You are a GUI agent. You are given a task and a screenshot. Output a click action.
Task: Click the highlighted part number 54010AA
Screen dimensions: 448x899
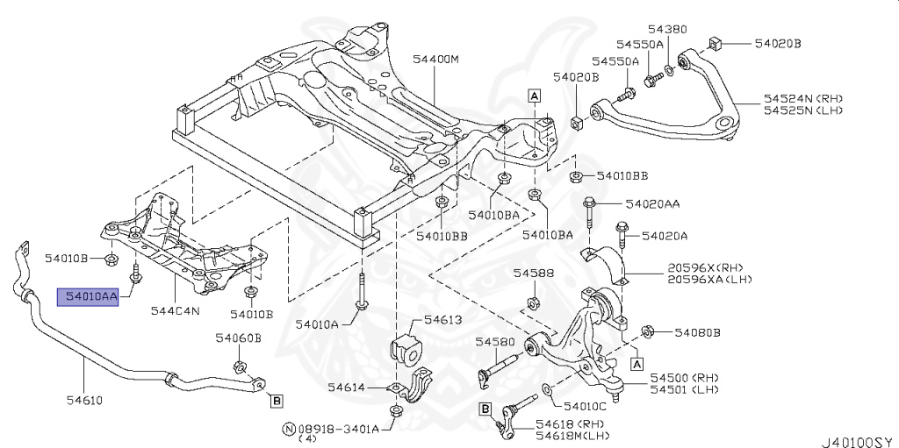click(x=87, y=297)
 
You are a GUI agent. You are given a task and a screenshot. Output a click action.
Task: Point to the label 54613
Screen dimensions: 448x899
click(x=442, y=321)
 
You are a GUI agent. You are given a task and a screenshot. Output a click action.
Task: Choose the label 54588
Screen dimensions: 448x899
click(x=534, y=274)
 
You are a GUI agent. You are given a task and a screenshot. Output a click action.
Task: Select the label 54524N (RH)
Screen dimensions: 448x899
click(x=802, y=98)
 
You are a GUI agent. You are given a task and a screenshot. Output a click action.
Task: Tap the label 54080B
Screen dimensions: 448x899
click(x=697, y=332)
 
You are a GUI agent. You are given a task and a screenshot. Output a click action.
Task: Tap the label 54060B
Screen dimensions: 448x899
click(x=238, y=338)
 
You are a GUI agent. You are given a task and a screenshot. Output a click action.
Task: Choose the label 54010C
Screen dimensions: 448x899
click(x=586, y=407)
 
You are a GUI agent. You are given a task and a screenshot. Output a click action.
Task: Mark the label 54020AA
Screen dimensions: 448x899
click(x=652, y=203)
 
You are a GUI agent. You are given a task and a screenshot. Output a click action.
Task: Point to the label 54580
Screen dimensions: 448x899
click(x=493, y=341)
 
